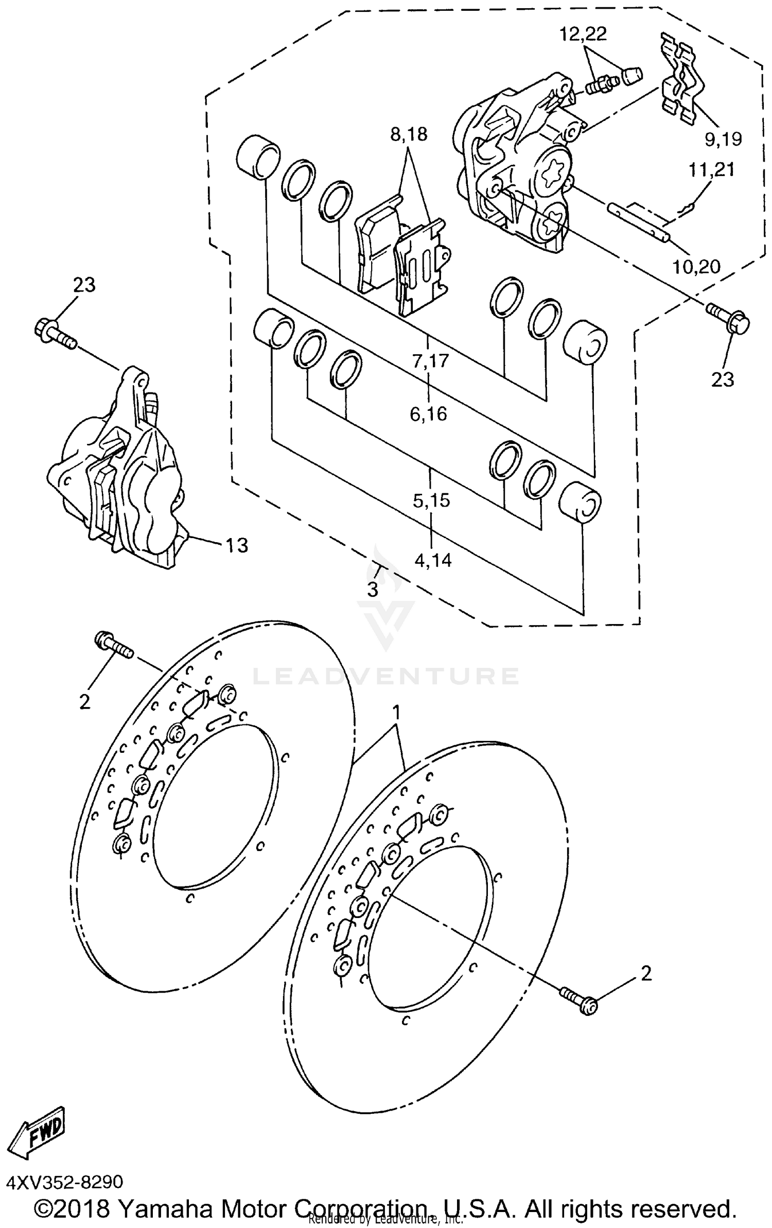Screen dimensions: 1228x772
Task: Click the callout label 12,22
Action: [x=584, y=34]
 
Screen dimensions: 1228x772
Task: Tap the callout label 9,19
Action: [x=723, y=139]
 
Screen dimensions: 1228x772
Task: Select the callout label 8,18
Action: [x=409, y=135]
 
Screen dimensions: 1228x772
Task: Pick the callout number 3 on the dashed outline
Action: [x=373, y=590]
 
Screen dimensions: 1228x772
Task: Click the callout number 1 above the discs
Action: [x=396, y=713]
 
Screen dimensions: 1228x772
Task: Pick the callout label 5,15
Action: [x=431, y=499]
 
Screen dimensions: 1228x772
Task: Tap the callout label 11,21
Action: [x=712, y=169]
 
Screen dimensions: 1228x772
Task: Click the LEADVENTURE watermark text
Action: [x=386, y=676]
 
